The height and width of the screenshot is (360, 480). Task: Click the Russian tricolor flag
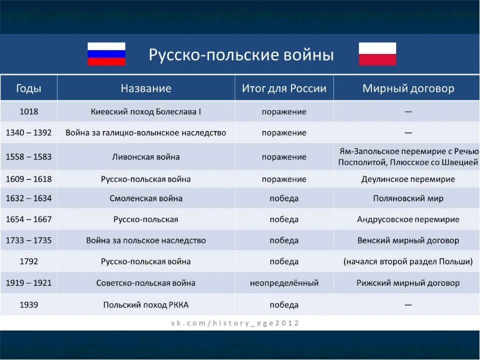(x=106, y=54)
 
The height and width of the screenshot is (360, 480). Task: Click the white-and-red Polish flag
(x=377, y=54)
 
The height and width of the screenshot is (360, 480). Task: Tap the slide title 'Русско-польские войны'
(x=241, y=54)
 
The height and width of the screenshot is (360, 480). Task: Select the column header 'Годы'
(x=28, y=88)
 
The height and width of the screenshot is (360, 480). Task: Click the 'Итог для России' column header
(x=284, y=88)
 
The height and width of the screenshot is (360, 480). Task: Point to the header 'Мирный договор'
(x=408, y=88)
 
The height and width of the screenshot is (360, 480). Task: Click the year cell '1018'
(x=28, y=111)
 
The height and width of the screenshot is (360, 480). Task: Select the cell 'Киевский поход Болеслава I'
(x=146, y=111)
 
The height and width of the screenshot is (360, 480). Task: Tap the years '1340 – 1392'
(x=28, y=133)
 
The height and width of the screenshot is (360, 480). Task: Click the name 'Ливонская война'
(x=146, y=157)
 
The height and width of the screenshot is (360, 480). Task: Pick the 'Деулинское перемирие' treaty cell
(x=408, y=179)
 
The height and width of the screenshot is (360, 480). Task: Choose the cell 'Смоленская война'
(x=146, y=198)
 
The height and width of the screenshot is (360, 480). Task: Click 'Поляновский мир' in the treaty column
(x=408, y=198)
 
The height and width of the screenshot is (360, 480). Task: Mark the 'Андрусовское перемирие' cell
(x=408, y=219)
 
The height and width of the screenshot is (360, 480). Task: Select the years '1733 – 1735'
(x=28, y=240)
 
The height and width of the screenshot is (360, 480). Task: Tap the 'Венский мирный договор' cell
(x=408, y=240)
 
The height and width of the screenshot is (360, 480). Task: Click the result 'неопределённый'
(x=284, y=283)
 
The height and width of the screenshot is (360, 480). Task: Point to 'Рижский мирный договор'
(x=408, y=283)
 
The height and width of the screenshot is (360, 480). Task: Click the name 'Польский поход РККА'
(x=146, y=305)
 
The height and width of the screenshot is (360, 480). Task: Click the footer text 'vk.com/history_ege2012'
(x=234, y=323)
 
